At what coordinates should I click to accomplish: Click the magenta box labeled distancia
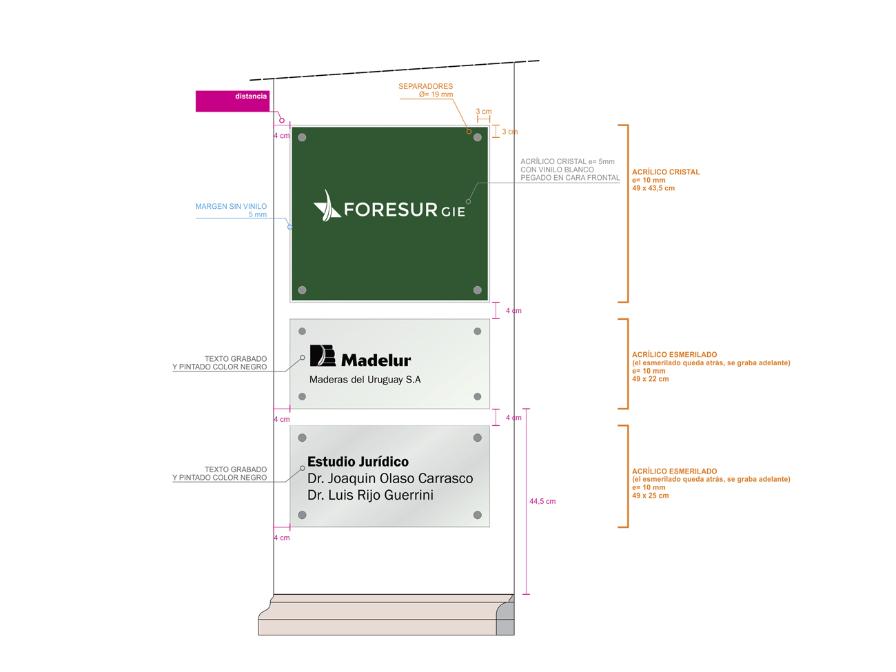pyautogui.click(x=232, y=101)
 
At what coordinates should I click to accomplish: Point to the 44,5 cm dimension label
pyautogui.click(x=542, y=501)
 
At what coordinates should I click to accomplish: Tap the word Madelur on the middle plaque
pyautogui.click(x=376, y=360)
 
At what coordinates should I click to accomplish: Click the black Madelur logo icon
pyautogui.click(x=323, y=356)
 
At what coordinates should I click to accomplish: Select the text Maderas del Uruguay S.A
pyautogui.click(x=365, y=380)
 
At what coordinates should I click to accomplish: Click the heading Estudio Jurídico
pyautogui.click(x=358, y=462)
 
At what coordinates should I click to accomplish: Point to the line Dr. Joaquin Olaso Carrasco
pyautogui.click(x=390, y=478)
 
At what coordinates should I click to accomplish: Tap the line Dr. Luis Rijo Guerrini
pyautogui.click(x=370, y=495)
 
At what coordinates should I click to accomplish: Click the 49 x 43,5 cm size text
pyautogui.click(x=653, y=188)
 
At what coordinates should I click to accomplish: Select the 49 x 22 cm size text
pyautogui.click(x=650, y=379)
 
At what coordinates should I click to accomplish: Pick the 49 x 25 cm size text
pyautogui.click(x=650, y=496)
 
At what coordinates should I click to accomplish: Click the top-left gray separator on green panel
pyautogui.click(x=302, y=137)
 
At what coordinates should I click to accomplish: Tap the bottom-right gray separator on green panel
pyautogui.click(x=477, y=290)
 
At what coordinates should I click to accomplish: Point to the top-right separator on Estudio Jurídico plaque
pyautogui.click(x=477, y=438)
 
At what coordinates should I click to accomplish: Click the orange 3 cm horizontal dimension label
pyautogui.click(x=483, y=111)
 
